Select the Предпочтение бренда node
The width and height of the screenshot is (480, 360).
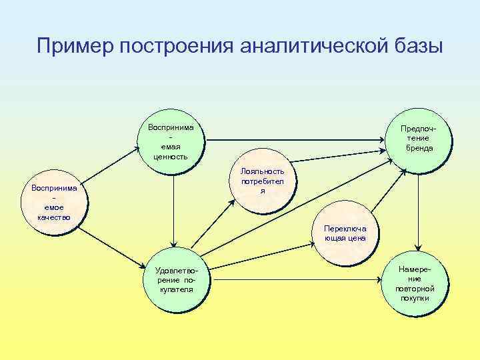pyautogui.click(x=419, y=139)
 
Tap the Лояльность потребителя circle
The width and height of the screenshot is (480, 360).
pyautogui.click(x=263, y=181)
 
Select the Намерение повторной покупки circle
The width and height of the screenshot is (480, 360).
pyautogui.click(x=415, y=283)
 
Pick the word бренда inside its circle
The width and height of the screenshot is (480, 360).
pyautogui.click(x=419, y=148)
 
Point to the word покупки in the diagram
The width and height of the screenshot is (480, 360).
pyautogui.click(x=415, y=298)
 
